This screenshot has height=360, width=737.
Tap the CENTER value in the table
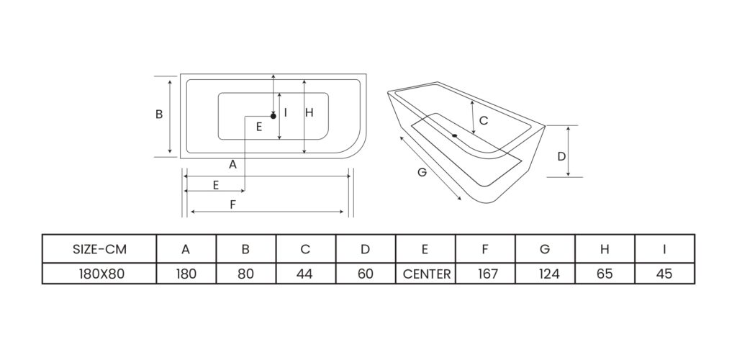point(426,274)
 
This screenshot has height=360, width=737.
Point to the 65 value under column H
point(605,274)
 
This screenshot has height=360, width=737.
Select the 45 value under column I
point(664,274)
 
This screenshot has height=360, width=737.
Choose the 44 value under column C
point(305,274)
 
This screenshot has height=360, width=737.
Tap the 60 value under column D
point(365,274)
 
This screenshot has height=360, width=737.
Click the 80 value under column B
point(245,274)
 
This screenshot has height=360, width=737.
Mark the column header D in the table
point(365,249)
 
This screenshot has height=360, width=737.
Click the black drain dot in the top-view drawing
point(273,115)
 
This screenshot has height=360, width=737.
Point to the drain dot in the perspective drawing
point(455,135)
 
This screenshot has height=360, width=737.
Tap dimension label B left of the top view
point(159,114)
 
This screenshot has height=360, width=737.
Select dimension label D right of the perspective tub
point(561,156)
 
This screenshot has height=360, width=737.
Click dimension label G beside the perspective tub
point(422,173)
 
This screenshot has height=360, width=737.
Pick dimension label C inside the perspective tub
point(484,120)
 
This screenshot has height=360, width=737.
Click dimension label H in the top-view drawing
point(309,112)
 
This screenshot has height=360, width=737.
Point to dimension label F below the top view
point(232,204)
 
